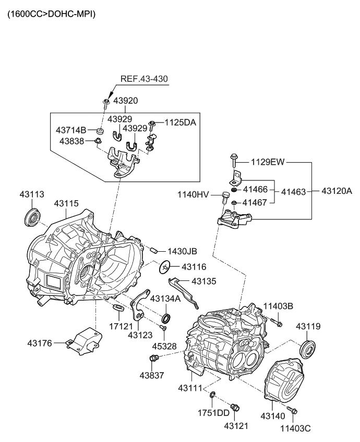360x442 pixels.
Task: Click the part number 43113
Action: pos(32,194)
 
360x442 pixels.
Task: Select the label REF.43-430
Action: pos(145,79)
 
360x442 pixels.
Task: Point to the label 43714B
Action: pos(71,130)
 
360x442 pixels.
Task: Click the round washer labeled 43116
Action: pos(165,267)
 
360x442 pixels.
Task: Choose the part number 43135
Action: pos(206,281)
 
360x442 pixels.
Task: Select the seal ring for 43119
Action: pos(308,348)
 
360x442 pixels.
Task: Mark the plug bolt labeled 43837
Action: pos(153,358)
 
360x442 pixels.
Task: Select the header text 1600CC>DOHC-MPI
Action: pos(51,14)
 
